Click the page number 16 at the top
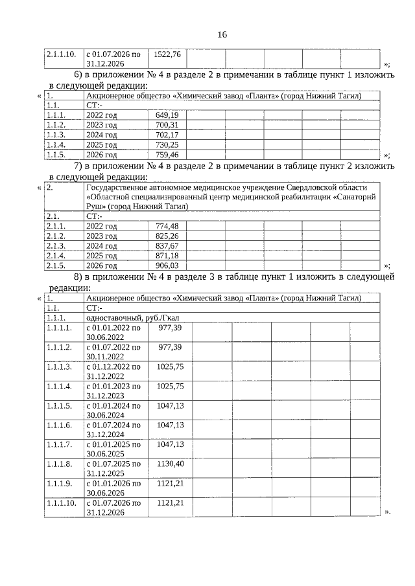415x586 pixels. point(222,34)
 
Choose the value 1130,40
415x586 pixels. point(171,464)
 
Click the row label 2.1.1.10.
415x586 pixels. point(62,54)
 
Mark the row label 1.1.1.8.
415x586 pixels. point(59,464)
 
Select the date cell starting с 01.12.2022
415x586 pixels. point(113,370)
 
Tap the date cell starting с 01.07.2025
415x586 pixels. point(113,469)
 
